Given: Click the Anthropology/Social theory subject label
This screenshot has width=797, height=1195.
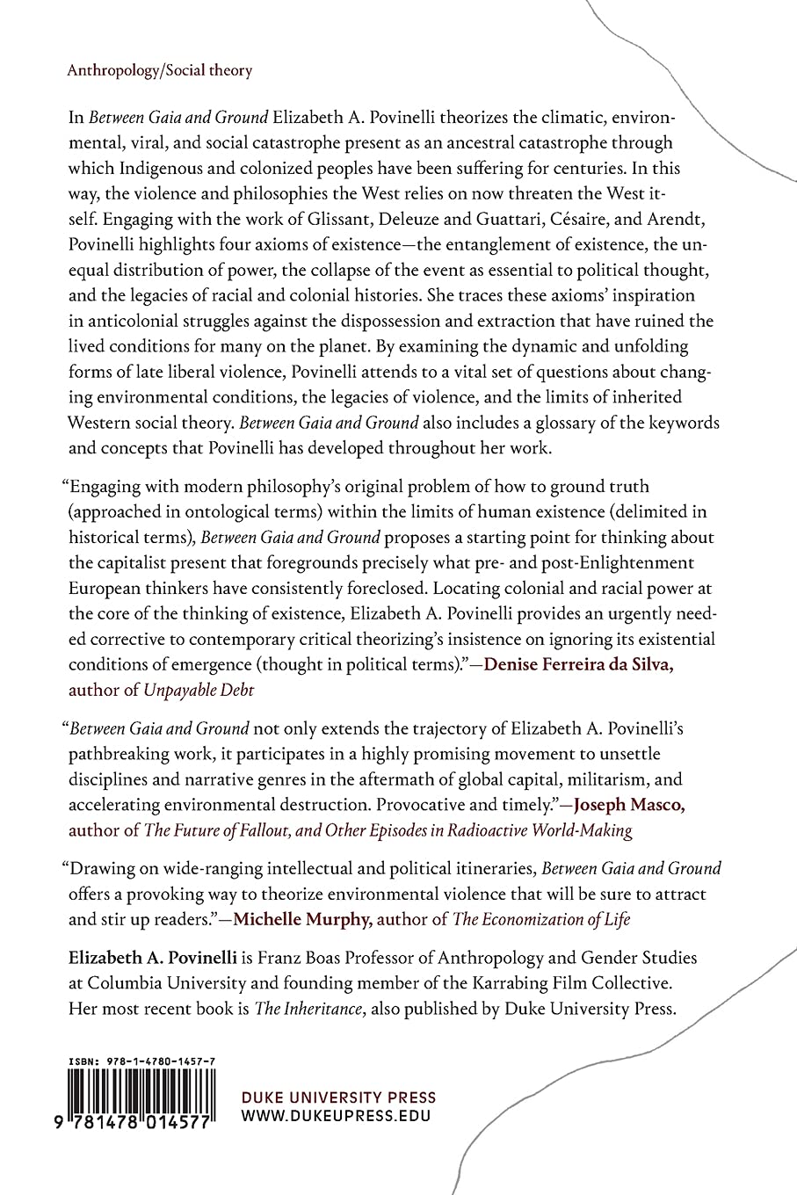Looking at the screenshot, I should [160, 70].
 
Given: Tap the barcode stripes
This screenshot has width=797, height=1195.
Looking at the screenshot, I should [141, 1098].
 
